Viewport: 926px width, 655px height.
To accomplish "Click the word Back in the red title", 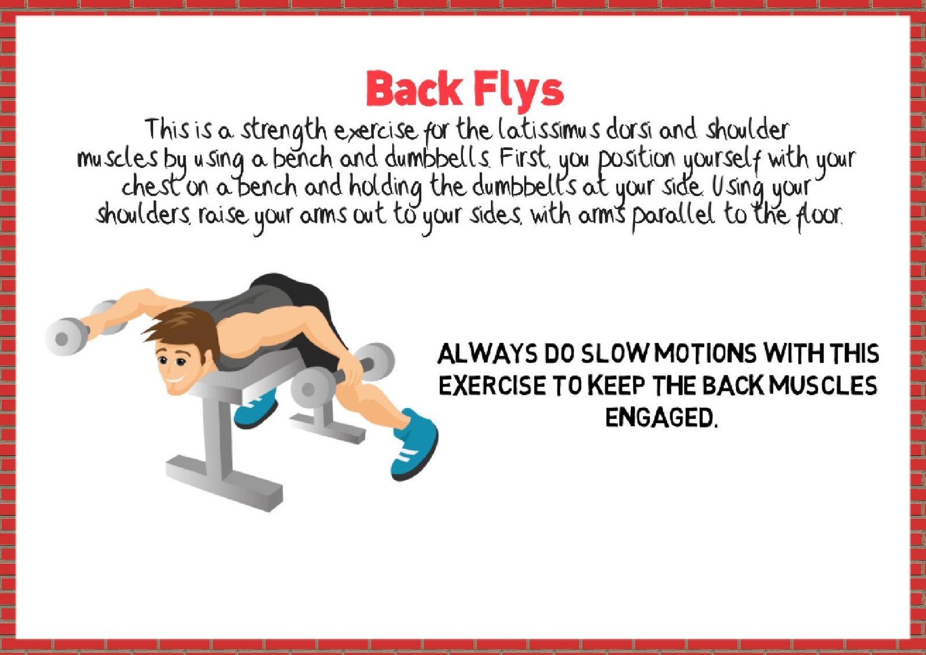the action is (413, 89).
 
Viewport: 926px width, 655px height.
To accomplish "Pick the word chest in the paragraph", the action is (151, 186).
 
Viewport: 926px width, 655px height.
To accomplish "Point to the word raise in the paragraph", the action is (223, 215).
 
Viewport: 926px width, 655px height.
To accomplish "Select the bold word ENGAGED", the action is (660, 418).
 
